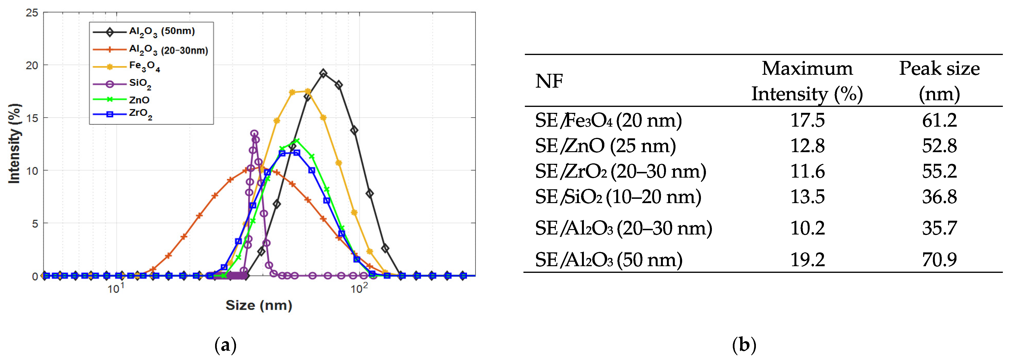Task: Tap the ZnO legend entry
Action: pos(139,100)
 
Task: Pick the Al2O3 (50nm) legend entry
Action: pos(162,31)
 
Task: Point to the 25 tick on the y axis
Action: pos(32,13)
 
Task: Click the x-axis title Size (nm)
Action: pos(259,305)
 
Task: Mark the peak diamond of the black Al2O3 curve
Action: pos(323,73)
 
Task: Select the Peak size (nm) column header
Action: pos(939,81)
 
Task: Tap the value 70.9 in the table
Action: pos(939,260)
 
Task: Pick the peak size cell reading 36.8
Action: pos(939,196)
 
